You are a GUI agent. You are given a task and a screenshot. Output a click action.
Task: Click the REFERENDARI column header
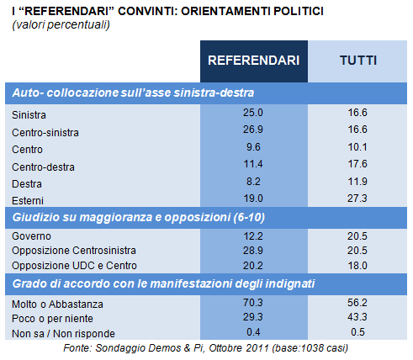pos(254,61)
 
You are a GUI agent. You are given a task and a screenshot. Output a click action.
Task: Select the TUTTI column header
pos(358,61)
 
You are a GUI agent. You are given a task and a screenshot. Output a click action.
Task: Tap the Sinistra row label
pos(29,115)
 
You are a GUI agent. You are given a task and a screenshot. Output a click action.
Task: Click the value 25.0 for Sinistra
pos(253,113)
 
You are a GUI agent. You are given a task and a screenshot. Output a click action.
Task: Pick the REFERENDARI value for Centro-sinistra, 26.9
pos(253,130)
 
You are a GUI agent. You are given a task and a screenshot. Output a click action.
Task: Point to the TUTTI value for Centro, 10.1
pos(357,147)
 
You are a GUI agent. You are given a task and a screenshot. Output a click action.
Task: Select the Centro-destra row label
pos(43,167)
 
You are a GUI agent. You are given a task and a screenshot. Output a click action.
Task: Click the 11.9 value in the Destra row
pos(357,182)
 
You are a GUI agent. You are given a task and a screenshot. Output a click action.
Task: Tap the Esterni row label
pos(28,201)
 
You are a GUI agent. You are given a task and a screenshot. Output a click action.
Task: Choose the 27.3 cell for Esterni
pos(357,199)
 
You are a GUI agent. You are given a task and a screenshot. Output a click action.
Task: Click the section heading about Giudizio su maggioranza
pos(139,217)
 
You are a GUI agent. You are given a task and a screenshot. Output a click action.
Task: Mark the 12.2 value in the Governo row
pos(253,236)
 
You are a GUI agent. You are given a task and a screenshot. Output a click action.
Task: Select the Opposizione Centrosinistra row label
pos(74,251)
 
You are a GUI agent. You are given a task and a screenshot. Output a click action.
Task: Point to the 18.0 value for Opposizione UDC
pos(357,266)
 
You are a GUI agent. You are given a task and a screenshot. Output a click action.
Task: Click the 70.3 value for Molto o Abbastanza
pos(253,303)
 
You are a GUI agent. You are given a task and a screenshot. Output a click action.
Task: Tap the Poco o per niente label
pos(52,319)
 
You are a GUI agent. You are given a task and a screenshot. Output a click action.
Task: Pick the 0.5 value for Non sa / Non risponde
pos(357,332)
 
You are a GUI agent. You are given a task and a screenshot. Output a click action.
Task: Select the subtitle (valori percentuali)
pos(61,24)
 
